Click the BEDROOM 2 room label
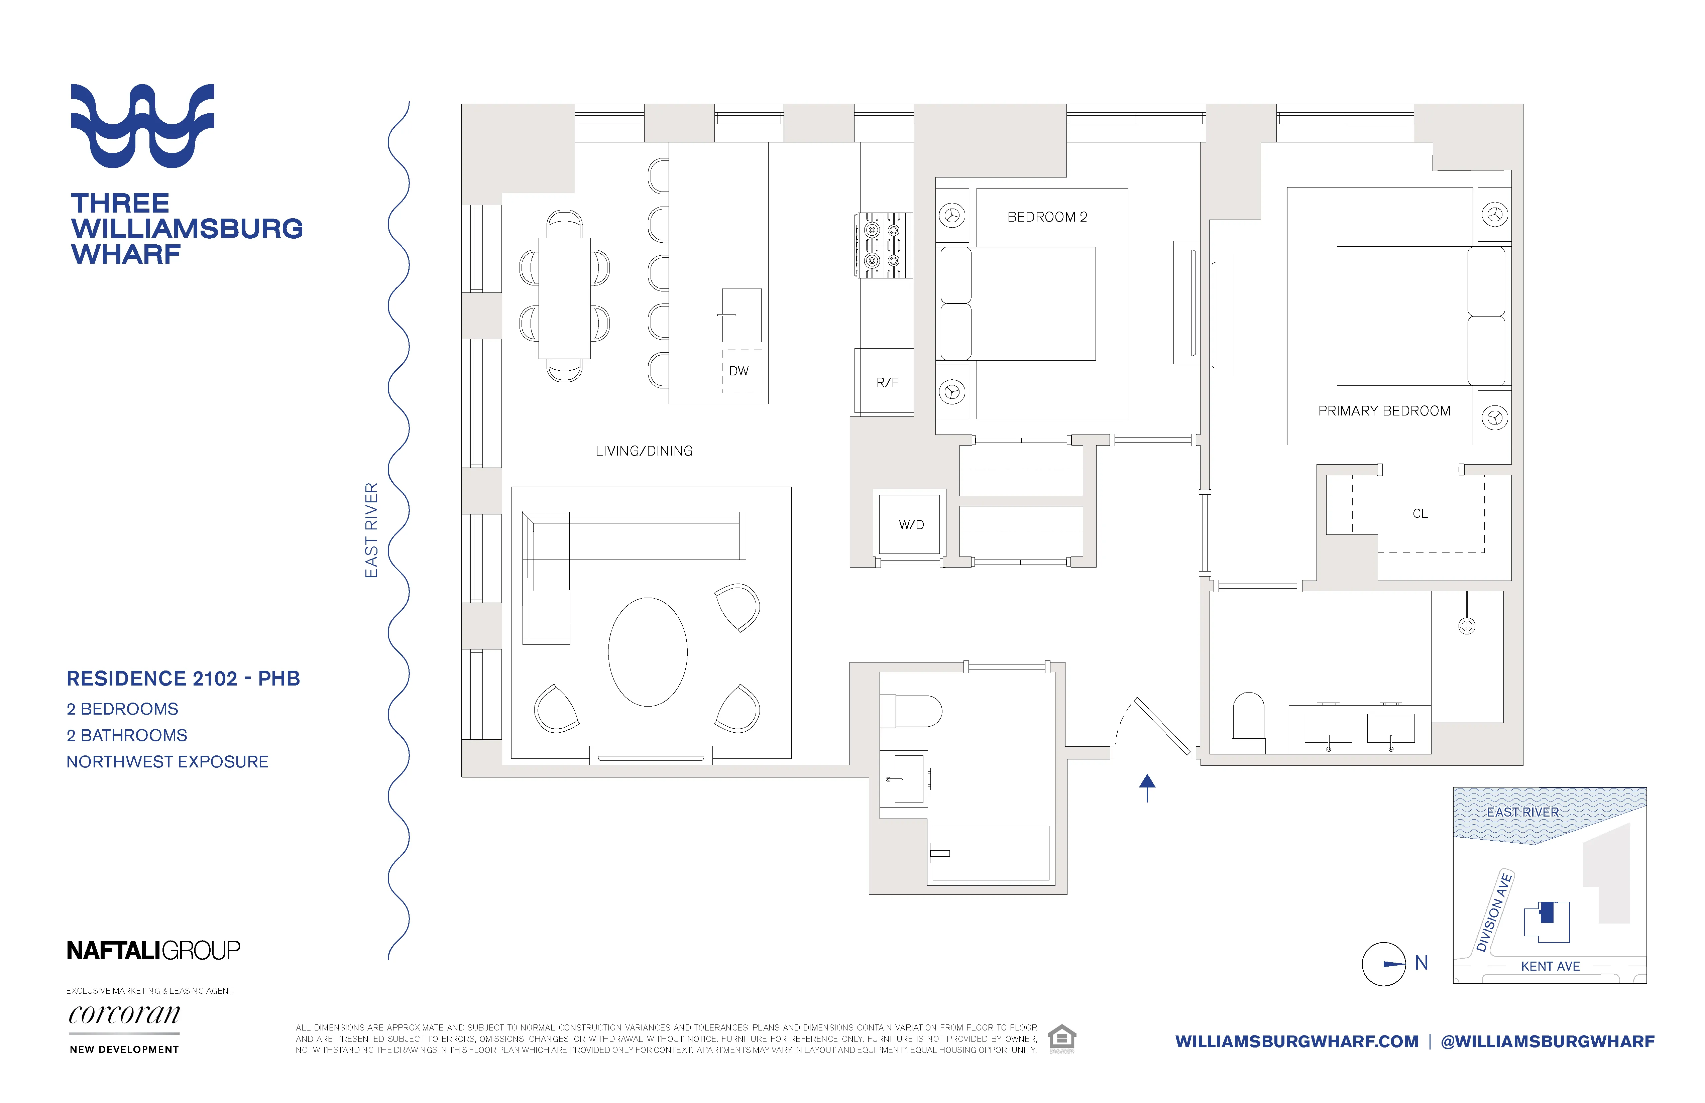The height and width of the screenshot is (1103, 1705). pyautogui.click(x=1047, y=217)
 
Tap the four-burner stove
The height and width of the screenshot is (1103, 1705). pyautogui.click(x=883, y=245)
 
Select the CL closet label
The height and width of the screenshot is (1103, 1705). pyautogui.click(x=1420, y=513)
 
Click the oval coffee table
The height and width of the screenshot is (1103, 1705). pyautogui.click(x=648, y=652)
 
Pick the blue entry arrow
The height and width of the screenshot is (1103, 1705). pyautogui.click(x=1147, y=788)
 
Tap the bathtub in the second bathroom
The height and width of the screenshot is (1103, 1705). pyautogui.click(x=990, y=853)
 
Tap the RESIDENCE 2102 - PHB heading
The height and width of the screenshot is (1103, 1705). pyautogui.click(x=183, y=678)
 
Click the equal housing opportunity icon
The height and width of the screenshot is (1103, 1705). pyautogui.click(x=1062, y=1038)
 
